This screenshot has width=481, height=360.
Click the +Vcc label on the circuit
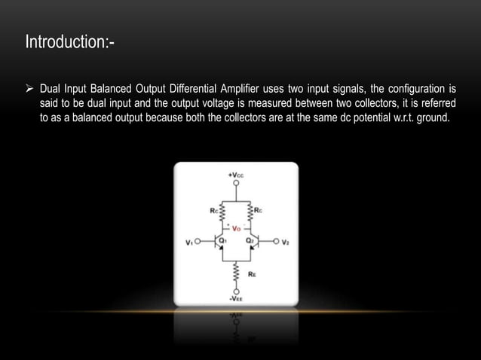235,175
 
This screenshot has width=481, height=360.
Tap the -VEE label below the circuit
236,297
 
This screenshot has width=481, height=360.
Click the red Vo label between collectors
236,228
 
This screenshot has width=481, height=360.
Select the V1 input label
190,242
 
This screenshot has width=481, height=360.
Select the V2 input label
286,242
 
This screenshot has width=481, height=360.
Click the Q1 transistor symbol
219,242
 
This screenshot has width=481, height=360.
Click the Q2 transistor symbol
253,242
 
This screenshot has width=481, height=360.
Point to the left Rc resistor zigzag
220,212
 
